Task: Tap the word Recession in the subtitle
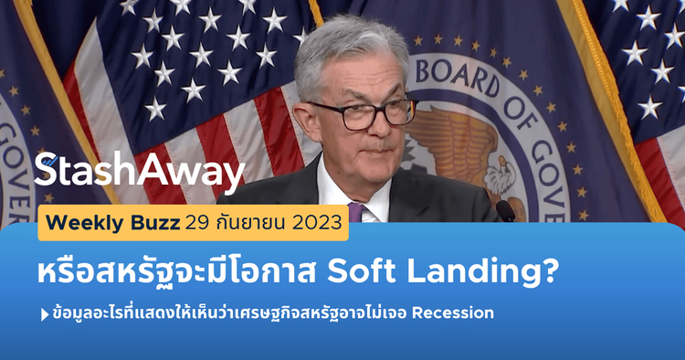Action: click(453, 313)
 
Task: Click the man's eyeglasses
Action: click(371, 114)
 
